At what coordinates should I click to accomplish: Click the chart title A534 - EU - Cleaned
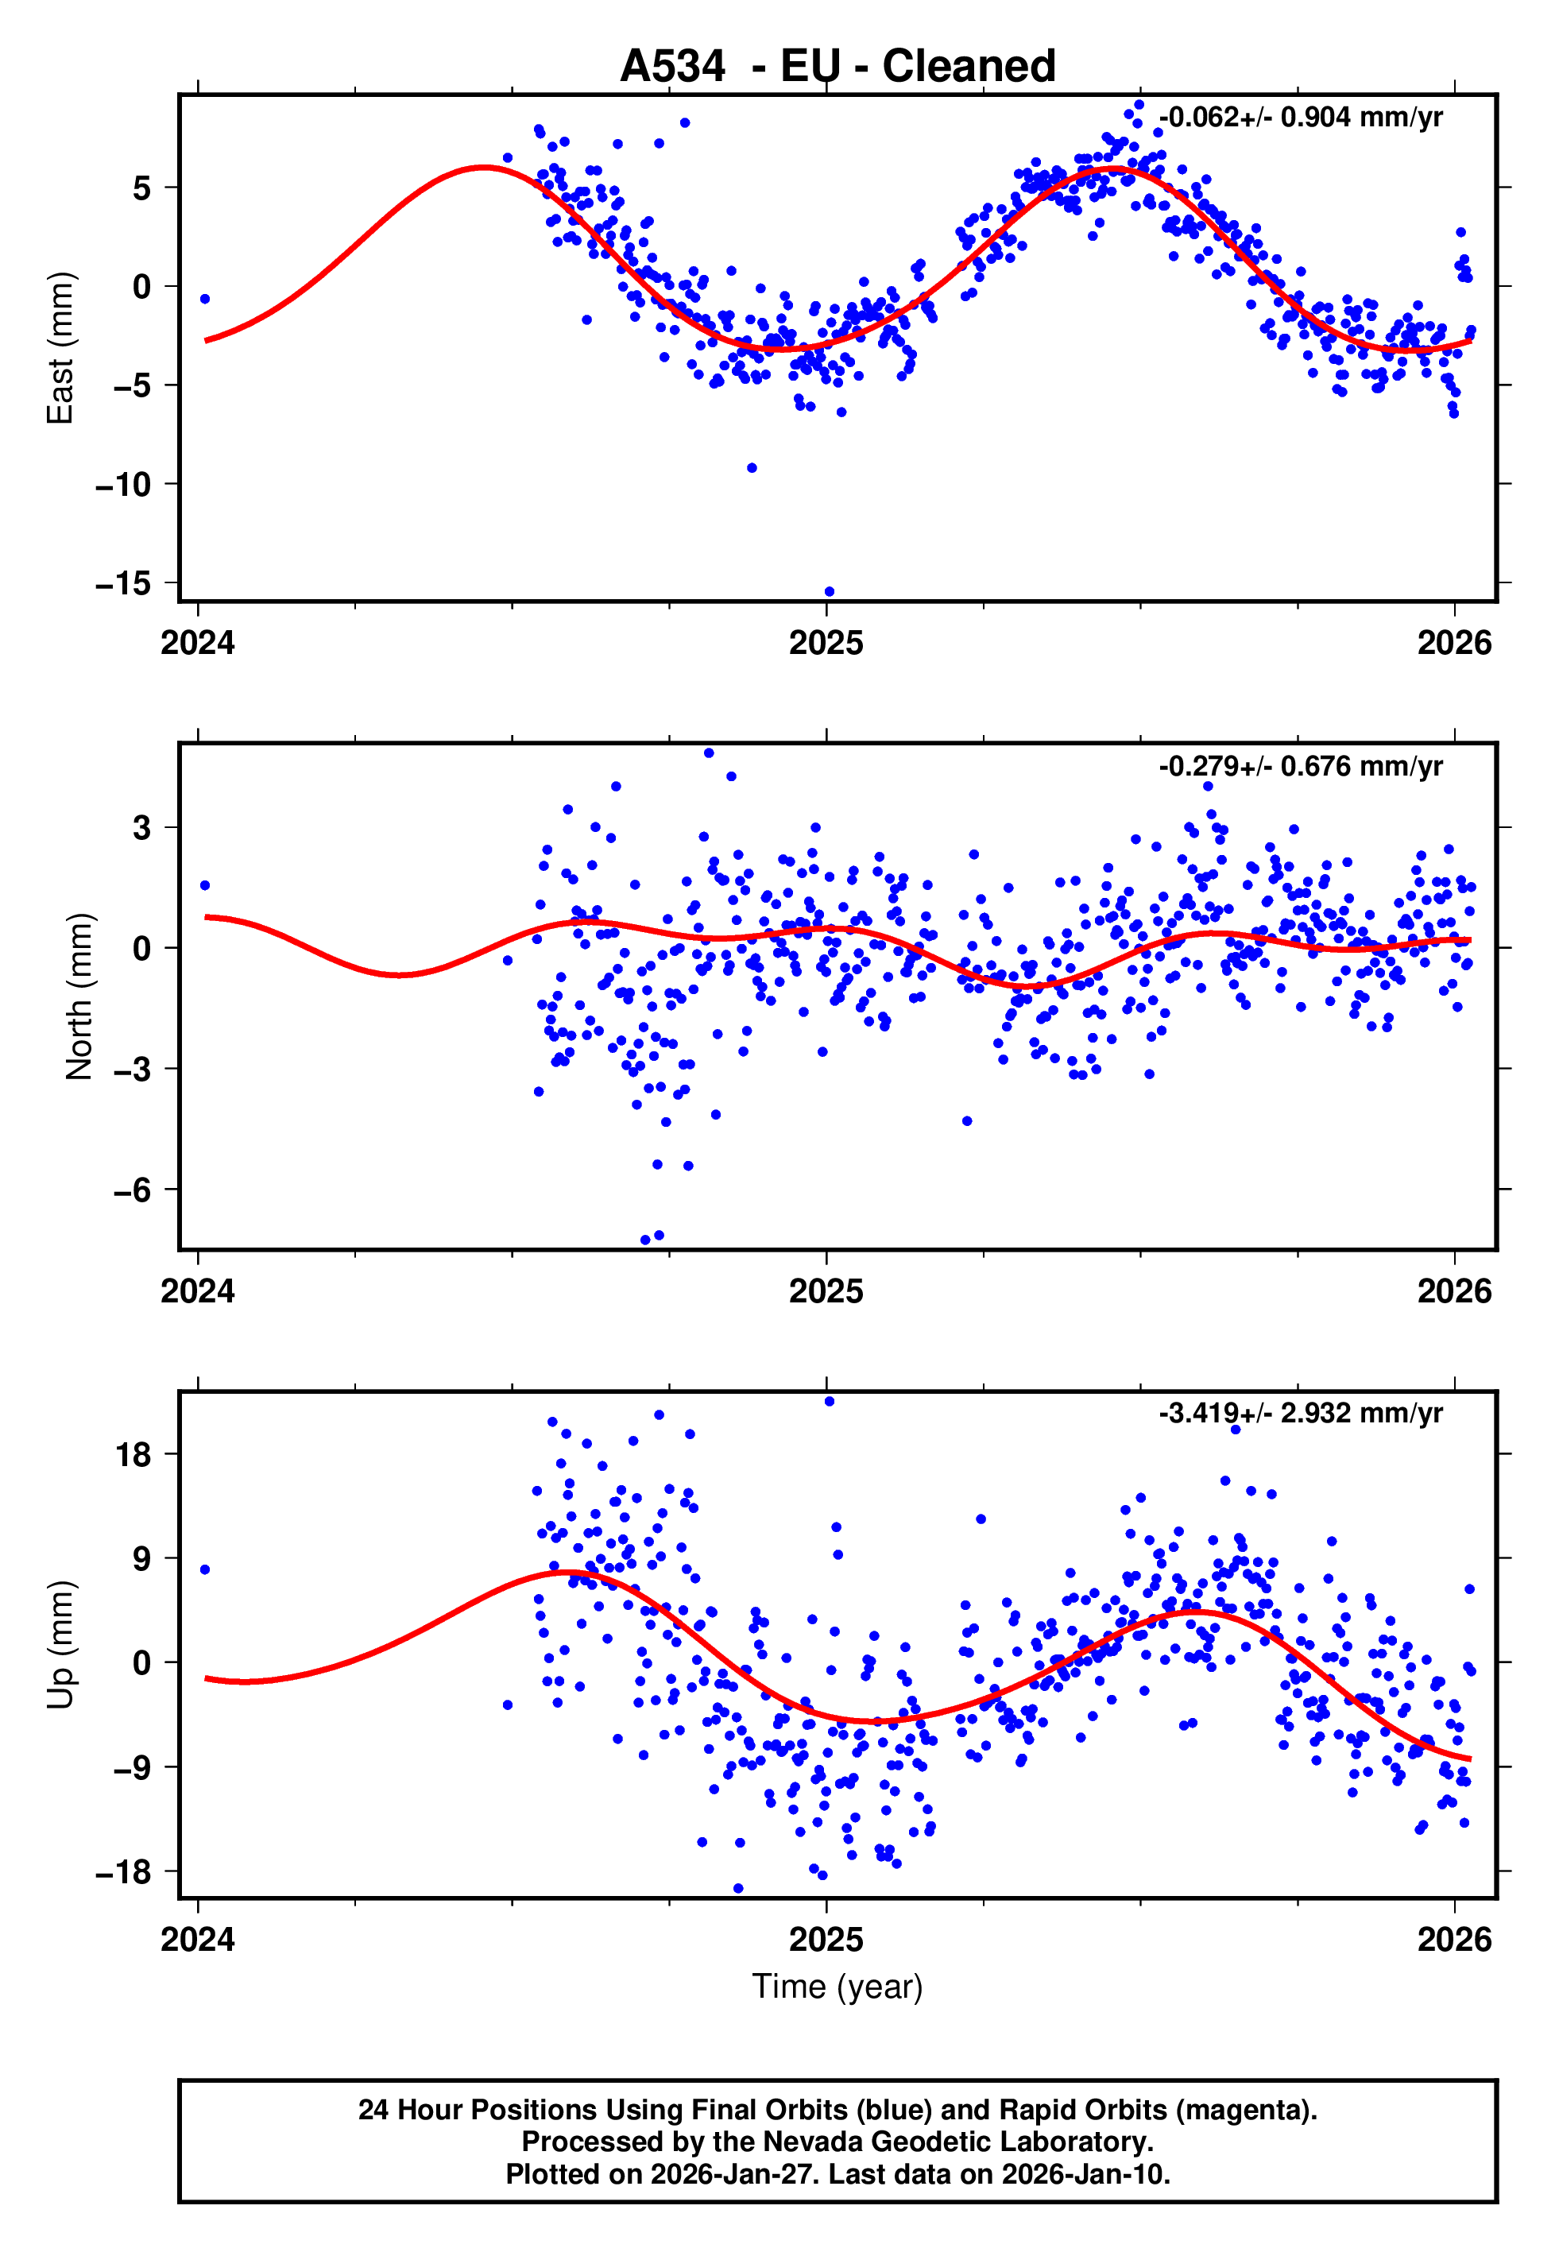pyautogui.click(x=838, y=67)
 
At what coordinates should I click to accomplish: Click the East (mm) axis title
pyautogui.click(x=60, y=348)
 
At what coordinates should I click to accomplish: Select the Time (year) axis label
pyautogui.click(x=838, y=1987)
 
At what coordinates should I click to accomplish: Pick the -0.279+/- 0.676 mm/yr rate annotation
pyautogui.click(x=1300, y=766)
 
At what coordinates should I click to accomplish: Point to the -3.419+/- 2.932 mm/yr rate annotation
pyautogui.click(x=1300, y=1413)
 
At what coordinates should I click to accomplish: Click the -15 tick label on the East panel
pyautogui.click(x=123, y=584)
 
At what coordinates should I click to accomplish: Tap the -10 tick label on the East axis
pyautogui.click(x=123, y=485)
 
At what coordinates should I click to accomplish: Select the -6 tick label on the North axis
pyautogui.click(x=132, y=1190)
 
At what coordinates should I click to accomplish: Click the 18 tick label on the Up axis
pyautogui.click(x=133, y=1455)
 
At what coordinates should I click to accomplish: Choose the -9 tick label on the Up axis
pyautogui.click(x=132, y=1767)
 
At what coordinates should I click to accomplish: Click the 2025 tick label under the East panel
pyautogui.click(x=826, y=643)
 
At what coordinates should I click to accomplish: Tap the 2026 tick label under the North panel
pyautogui.click(x=1454, y=1291)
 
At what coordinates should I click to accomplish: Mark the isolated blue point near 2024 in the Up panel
pyautogui.click(x=204, y=1569)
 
